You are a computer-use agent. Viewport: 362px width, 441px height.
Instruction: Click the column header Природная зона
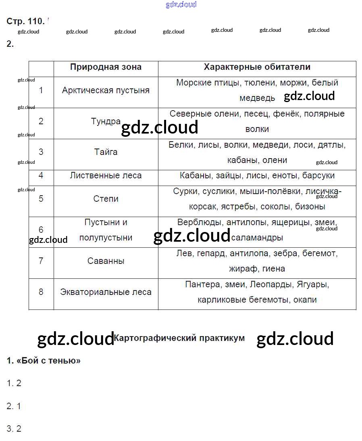106,67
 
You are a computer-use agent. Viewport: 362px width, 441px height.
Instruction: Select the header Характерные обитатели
257,67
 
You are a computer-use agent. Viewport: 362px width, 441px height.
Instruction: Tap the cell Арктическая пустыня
106,90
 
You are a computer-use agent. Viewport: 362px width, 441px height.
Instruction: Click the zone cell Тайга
106,152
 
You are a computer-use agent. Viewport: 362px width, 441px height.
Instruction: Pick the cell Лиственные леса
106,176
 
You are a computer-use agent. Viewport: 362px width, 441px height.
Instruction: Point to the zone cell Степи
106,199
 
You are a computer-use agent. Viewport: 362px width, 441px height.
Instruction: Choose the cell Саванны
106,261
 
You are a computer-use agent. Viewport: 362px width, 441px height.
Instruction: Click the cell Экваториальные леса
106,292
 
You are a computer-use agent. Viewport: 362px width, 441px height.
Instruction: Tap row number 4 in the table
41,176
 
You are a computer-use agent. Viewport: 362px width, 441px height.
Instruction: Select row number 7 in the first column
41,261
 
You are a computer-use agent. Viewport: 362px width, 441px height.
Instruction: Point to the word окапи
305,300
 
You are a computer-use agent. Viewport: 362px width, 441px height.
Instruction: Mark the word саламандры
257,238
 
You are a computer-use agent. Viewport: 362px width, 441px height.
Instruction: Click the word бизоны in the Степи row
310,207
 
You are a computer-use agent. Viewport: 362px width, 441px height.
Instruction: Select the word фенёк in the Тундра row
286,114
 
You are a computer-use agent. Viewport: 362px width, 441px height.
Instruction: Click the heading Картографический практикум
179,338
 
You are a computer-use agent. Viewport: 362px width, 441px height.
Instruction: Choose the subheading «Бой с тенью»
44,361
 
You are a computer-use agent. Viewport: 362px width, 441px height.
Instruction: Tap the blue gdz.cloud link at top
181,4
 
